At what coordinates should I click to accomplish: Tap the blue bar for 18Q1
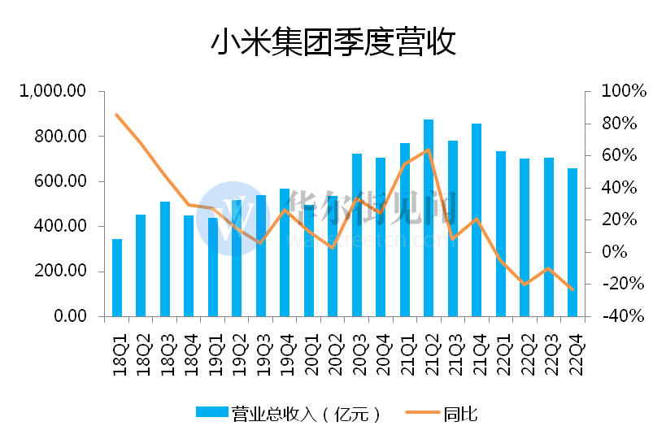(x=117, y=277)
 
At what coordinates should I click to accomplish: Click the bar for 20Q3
(x=357, y=235)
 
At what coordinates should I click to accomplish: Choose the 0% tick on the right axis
(x=614, y=252)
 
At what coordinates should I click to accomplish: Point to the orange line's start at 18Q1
(x=117, y=115)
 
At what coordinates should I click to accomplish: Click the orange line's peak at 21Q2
(x=429, y=150)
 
